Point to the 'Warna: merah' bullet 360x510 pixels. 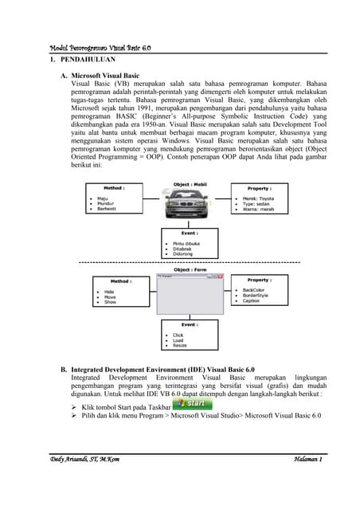click(258, 210)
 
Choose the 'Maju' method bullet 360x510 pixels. click(104, 198)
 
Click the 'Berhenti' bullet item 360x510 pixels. click(109, 210)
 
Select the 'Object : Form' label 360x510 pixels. click(191, 269)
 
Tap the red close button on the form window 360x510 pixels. click(225, 277)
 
